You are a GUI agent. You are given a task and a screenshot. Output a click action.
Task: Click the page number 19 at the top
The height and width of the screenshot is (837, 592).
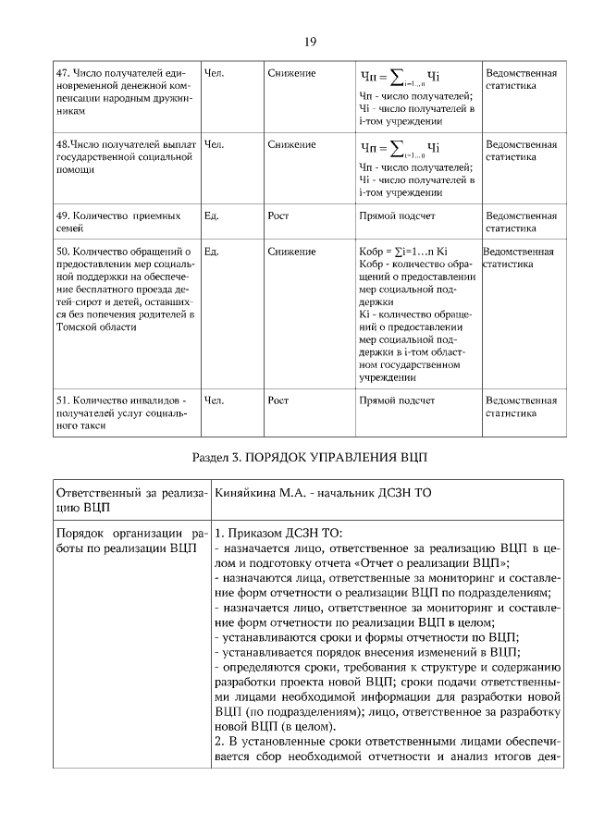click(x=310, y=42)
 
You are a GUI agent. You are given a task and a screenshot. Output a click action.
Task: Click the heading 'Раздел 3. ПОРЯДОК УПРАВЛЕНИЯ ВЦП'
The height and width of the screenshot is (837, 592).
click(x=310, y=458)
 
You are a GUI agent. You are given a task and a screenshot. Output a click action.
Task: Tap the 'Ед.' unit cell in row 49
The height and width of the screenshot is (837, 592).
click(x=211, y=215)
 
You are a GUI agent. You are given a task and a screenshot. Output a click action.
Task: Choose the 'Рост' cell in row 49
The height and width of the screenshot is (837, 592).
click(x=278, y=215)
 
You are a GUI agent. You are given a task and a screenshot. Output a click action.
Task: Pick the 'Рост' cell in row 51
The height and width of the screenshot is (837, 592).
click(x=278, y=400)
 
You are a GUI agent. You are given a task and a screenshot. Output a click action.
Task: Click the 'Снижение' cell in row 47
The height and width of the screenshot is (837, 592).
click(x=291, y=72)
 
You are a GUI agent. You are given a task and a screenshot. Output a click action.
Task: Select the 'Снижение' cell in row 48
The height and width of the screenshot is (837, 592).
click(x=291, y=145)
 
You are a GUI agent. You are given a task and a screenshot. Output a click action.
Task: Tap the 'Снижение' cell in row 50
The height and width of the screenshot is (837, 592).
click(x=291, y=251)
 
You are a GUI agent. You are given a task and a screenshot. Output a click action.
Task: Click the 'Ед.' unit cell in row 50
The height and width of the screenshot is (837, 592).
click(x=211, y=251)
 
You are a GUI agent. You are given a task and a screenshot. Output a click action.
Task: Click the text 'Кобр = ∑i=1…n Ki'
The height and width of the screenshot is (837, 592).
click(x=402, y=251)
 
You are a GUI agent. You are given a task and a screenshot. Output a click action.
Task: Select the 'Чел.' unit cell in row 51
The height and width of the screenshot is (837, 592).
click(x=213, y=400)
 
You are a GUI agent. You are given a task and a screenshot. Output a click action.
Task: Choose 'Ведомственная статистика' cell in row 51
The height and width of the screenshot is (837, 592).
click(x=521, y=407)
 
